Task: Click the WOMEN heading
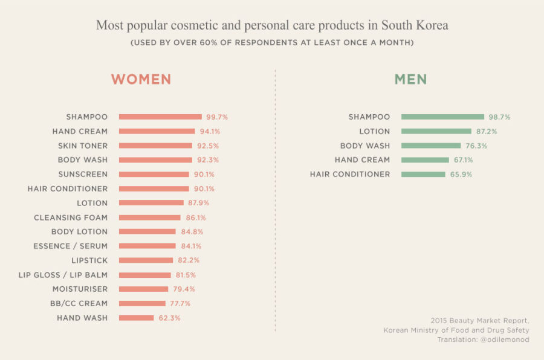141,80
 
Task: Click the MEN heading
410,80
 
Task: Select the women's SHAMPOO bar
160,117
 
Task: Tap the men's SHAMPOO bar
442,117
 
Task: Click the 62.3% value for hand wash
169,318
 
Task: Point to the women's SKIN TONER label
83,146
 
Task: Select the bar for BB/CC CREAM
142,303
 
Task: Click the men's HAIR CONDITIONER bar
423,174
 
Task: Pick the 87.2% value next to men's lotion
487,131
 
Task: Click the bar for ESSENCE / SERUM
147,246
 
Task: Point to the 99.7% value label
217,117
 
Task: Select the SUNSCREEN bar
154,174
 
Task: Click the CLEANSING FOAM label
71,217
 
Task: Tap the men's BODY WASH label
365,146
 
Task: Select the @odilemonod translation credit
505,339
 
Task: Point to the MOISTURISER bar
143,289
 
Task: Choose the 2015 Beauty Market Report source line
479,320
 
